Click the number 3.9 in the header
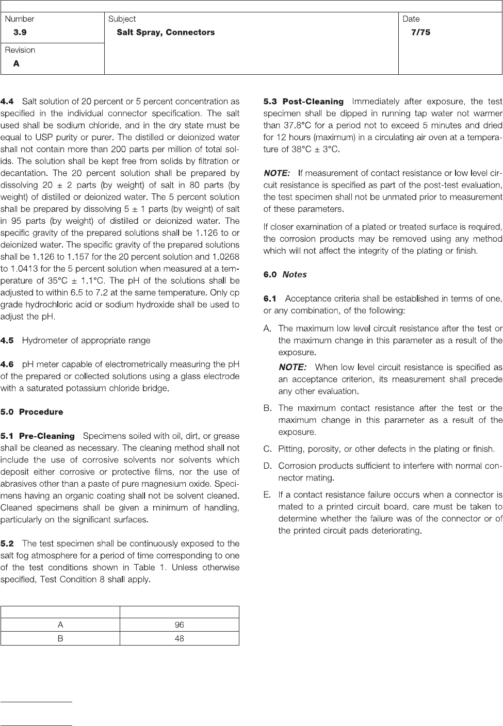point(20,32)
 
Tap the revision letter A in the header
point(17,63)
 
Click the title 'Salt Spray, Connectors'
point(166,32)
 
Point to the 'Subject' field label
point(122,19)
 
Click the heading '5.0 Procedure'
point(32,412)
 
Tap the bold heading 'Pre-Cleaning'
point(47,436)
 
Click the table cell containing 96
point(179,624)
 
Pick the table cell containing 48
point(179,638)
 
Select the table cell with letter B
point(60,638)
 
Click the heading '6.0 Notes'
point(285,274)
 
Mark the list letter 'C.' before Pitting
point(268,449)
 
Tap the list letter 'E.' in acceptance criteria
point(267,494)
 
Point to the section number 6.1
point(270,299)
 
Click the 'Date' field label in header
point(411,19)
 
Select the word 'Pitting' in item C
point(291,449)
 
